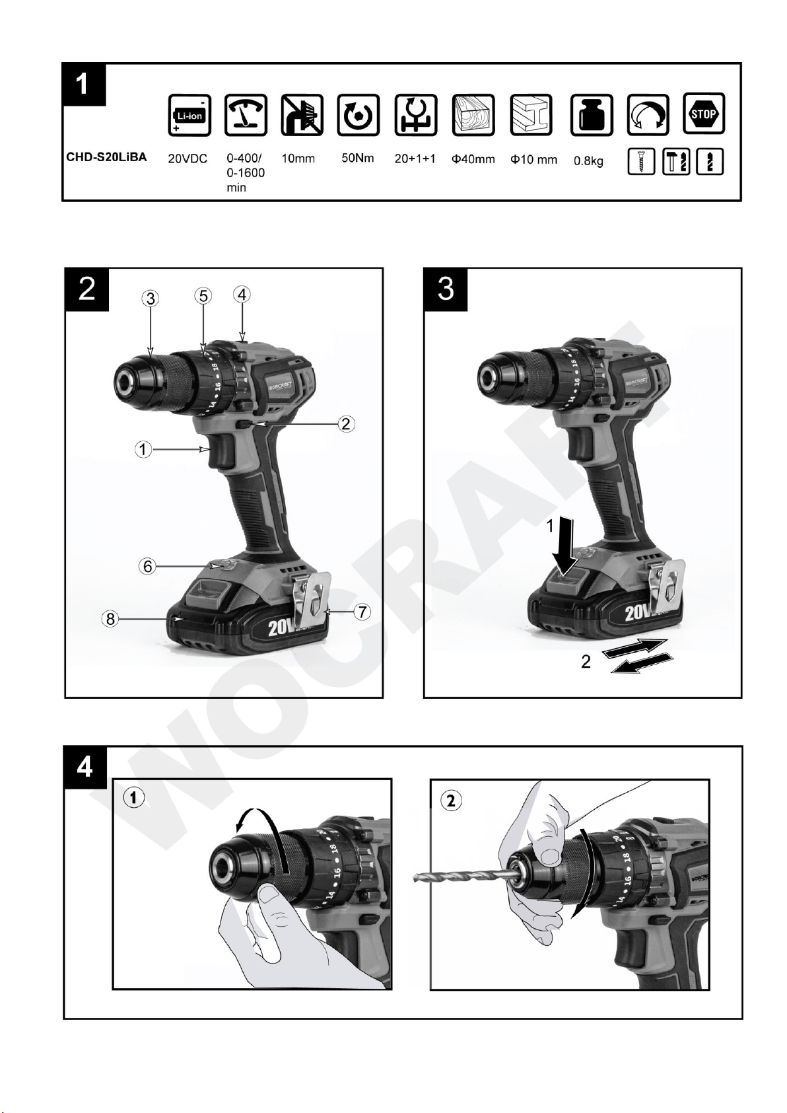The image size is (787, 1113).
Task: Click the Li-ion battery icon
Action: pos(189,116)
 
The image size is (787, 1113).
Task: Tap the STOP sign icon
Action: pos(704,114)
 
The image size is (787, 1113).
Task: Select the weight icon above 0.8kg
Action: pos(592,116)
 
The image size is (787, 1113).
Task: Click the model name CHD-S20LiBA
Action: pos(107,157)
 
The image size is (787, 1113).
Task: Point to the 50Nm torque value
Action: pos(357,159)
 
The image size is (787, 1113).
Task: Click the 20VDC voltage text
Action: pos(188,159)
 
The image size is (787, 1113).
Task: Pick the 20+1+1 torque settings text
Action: pos(415,159)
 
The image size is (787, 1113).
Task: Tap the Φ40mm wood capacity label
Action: pos(473,159)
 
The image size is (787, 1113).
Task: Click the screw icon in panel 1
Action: pos(641,161)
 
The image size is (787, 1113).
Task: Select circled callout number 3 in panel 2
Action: pos(150,299)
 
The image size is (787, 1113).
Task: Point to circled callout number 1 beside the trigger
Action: pos(143,450)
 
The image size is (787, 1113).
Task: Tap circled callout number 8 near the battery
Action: pos(110,619)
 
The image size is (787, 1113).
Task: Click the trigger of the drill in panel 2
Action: pos(221,450)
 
